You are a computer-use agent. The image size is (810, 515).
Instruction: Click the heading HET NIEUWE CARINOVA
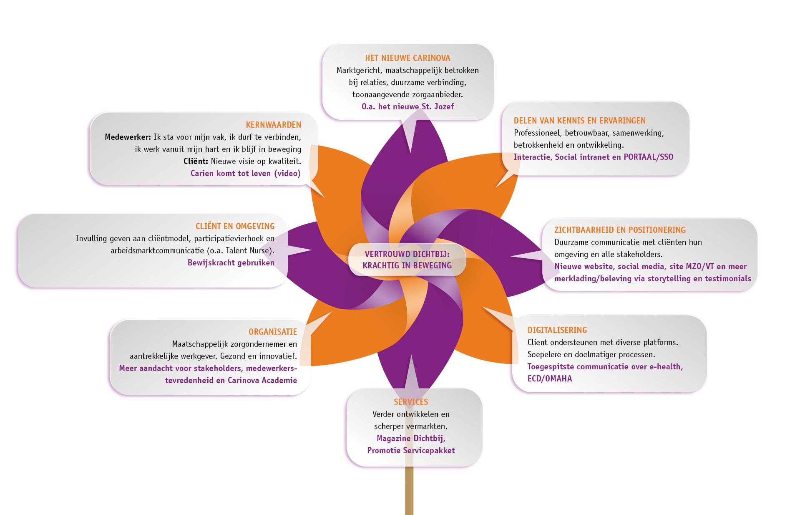tap(408, 58)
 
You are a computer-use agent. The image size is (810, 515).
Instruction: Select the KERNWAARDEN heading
tap(273, 125)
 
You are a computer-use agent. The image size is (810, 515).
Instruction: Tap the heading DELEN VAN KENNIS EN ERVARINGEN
tap(579, 121)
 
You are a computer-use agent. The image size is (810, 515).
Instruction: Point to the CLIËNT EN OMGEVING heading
tap(235, 226)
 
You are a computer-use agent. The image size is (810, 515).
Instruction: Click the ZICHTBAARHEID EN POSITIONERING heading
tap(620, 230)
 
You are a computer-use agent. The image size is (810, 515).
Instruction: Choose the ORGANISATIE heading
tap(273, 332)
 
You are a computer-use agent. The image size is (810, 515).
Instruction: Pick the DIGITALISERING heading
tap(557, 330)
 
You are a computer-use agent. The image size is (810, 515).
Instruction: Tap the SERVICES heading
tap(411, 402)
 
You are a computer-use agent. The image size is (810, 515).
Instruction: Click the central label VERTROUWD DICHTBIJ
tap(407, 254)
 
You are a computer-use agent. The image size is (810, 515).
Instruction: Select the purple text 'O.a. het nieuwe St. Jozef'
tap(408, 106)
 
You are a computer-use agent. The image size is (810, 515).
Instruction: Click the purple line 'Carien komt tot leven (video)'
tap(245, 173)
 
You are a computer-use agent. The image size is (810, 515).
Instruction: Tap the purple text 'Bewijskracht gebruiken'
tap(231, 263)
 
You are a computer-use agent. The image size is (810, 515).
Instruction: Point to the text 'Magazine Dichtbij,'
tap(411, 438)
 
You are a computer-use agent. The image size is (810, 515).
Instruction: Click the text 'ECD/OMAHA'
tap(549, 379)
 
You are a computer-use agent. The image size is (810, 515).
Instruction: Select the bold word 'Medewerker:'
tap(128, 137)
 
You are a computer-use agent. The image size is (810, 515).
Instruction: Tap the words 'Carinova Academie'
tap(262, 380)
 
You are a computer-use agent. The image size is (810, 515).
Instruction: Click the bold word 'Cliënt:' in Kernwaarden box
tap(196, 161)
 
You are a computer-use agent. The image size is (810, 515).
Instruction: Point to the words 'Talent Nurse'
tap(249, 250)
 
